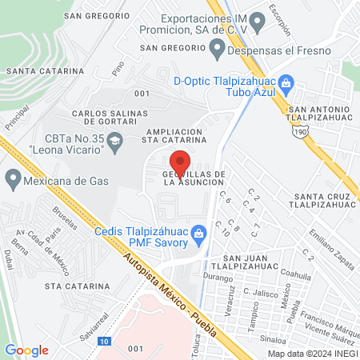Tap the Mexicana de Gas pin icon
pyautogui.click(x=12, y=177)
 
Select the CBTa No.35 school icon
pyautogui.click(x=114, y=141)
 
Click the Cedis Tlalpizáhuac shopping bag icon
pyautogui.click(x=202, y=232)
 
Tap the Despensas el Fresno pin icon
pyautogui.click(x=217, y=48)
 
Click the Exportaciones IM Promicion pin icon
pyautogui.click(x=257, y=19)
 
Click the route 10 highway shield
pyautogui.click(x=105, y=341)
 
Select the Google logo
pyautogui.click(x=26, y=350)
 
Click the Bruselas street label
pyautogui.click(x=58, y=226)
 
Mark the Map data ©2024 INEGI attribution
pyautogui.click(x=312, y=353)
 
